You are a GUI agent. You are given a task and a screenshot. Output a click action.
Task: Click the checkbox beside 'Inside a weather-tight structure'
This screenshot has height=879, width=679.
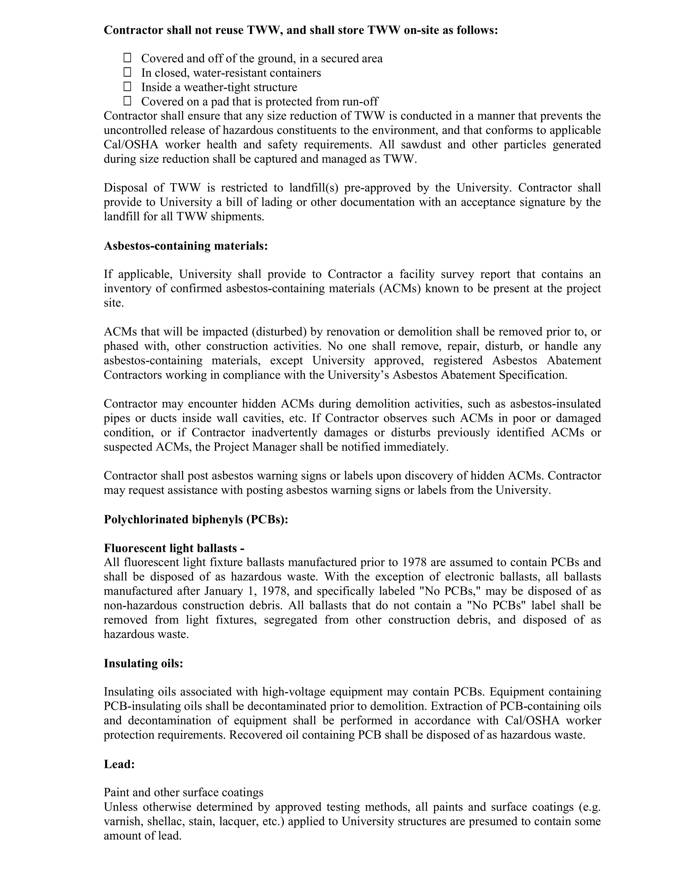[127, 87]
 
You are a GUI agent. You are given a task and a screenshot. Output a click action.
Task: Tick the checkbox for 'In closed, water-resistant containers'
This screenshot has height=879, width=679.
[127, 72]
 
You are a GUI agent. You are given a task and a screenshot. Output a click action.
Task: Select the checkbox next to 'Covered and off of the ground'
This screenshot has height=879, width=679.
[127, 58]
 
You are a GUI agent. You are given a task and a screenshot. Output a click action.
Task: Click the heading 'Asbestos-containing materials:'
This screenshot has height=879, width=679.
[185, 245]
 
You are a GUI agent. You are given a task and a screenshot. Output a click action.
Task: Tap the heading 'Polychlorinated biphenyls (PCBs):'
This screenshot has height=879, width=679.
[196, 519]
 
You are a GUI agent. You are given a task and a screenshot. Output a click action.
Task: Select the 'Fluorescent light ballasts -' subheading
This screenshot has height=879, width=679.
[174, 548]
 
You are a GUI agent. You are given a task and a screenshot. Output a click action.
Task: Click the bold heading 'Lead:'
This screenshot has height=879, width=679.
[119, 764]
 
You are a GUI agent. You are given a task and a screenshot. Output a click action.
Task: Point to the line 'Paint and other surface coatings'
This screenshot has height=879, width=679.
[183, 792]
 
